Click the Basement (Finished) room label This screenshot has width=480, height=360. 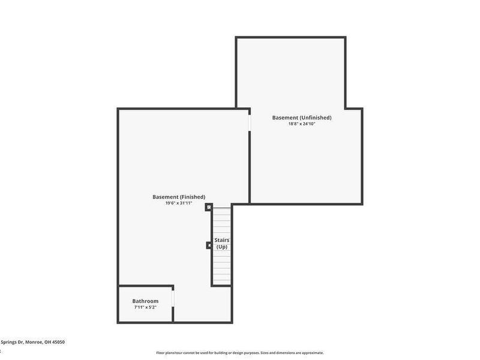click(179, 197)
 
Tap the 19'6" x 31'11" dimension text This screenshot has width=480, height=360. click(179, 203)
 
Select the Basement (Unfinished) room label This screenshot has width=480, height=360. click(301, 118)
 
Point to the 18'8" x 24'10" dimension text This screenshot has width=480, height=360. click(301, 124)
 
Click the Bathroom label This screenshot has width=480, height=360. click(145, 301)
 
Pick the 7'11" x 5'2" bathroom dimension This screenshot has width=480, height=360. click(145, 307)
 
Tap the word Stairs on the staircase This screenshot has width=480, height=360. click(222, 240)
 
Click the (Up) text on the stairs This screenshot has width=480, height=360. click(222, 247)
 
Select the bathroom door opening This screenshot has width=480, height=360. click(173, 298)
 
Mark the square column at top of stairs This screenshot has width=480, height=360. click(209, 208)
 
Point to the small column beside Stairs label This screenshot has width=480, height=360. click(208, 245)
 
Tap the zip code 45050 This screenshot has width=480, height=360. click(58, 342)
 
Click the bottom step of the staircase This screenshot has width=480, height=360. click(221, 282)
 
